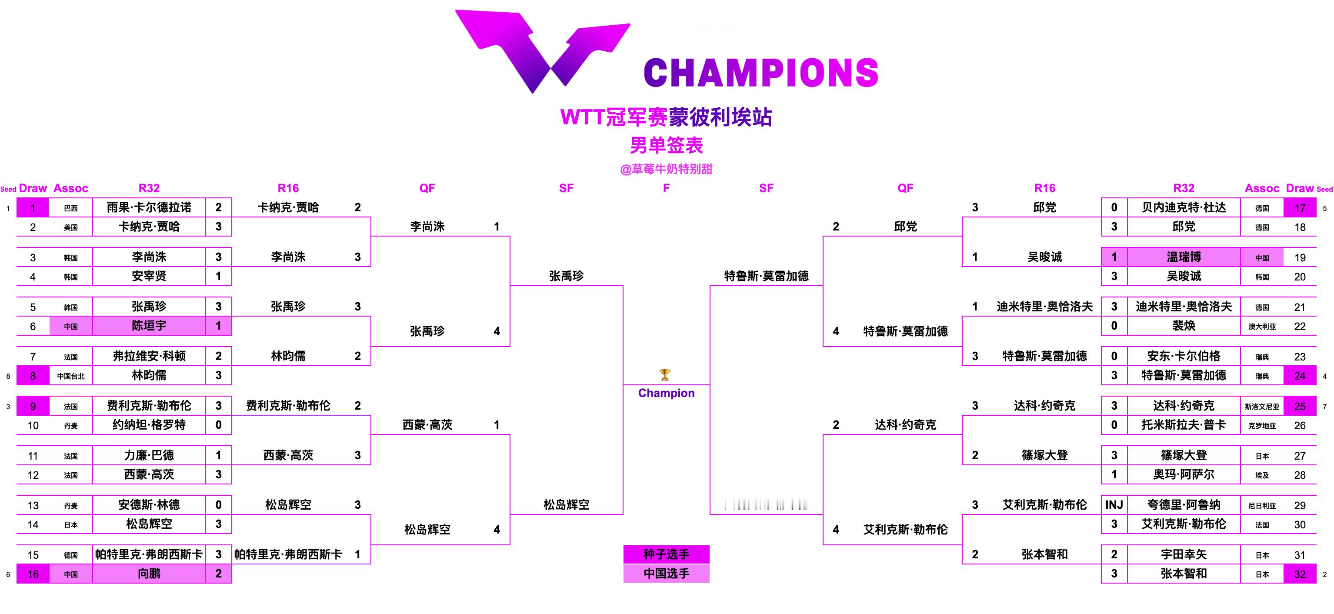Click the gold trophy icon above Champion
click(665, 374)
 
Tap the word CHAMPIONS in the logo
click(761, 73)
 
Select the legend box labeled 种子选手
click(666, 554)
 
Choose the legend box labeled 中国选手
click(666, 574)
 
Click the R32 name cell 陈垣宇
click(149, 326)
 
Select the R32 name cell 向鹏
click(149, 574)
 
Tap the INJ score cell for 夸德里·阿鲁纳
click(1114, 505)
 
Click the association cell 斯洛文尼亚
click(1261, 407)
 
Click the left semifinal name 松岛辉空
click(566, 505)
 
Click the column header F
click(666, 188)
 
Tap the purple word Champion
click(666, 394)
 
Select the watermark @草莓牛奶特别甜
click(666, 169)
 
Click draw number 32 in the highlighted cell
click(1299, 574)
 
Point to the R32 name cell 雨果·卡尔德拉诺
click(149, 207)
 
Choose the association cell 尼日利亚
click(1261, 506)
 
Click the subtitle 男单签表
click(666, 146)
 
